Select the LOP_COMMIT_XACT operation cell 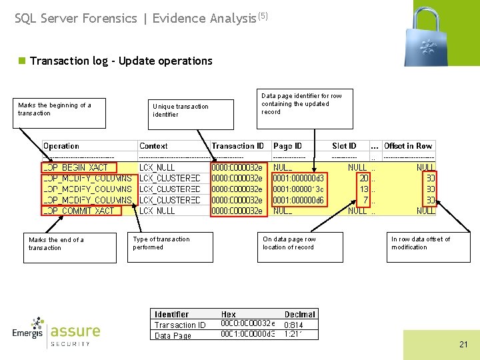(x=78, y=211)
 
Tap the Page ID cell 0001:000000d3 (x=299, y=179)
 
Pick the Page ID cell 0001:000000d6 (x=299, y=200)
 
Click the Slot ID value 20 (x=363, y=179)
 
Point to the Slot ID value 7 (x=365, y=200)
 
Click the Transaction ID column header (x=237, y=146)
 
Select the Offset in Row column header (x=408, y=146)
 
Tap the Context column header (x=153, y=146)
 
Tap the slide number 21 (x=463, y=345)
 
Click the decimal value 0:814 (x=294, y=325)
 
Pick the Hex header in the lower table (x=228, y=314)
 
